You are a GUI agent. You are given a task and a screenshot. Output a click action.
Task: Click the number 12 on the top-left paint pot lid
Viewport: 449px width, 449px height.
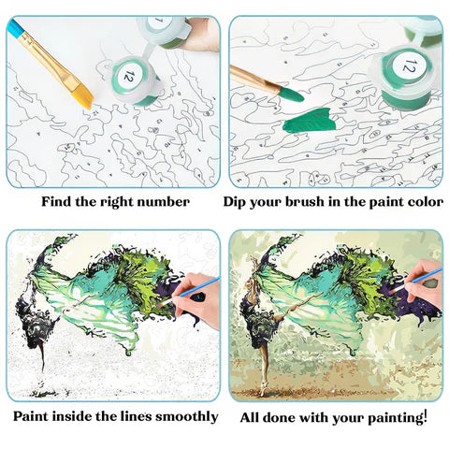coord(129,73)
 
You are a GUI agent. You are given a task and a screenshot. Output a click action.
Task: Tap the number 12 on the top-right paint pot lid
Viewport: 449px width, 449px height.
coord(410,65)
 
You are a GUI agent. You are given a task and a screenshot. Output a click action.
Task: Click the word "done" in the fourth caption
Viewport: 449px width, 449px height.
coord(282,415)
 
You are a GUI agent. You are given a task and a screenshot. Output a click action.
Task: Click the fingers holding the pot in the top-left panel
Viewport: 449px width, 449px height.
coord(201,33)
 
